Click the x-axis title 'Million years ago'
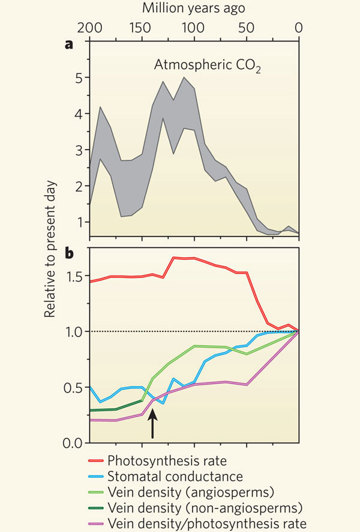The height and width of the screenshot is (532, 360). click(x=193, y=8)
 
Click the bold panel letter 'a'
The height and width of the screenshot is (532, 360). click(x=77, y=46)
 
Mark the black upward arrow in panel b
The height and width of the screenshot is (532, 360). click(x=153, y=423)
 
